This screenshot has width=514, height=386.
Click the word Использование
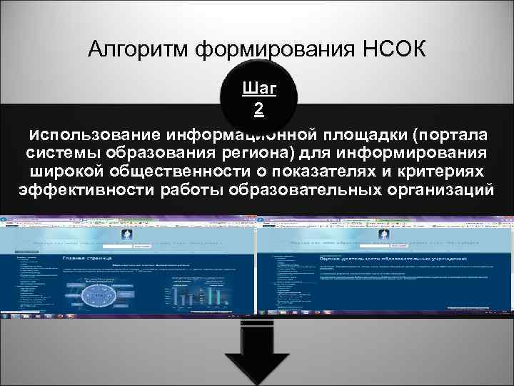click(93, 134)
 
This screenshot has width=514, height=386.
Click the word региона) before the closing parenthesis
click(271, 153)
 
